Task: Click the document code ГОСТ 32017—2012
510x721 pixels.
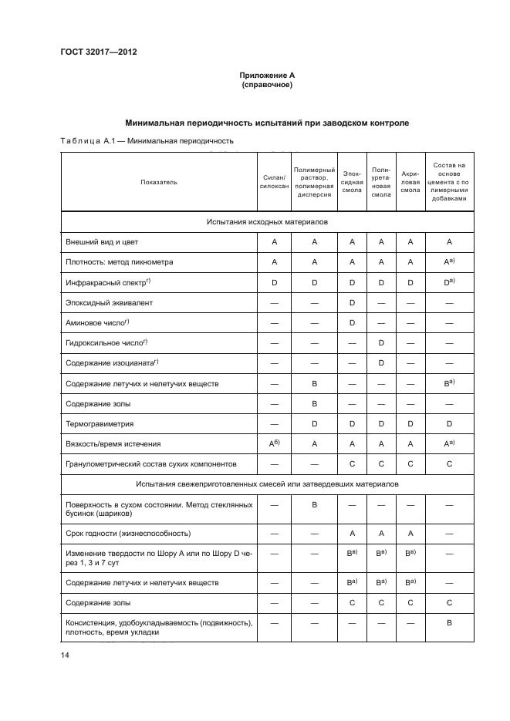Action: (x=99, y=52)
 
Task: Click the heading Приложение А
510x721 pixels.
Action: (x=267, y=75)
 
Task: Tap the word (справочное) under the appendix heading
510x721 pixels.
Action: (x=267, y=84)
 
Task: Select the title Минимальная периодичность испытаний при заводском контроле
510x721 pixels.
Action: (x=267, y=123)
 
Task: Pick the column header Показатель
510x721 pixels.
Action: (x=159, y=182)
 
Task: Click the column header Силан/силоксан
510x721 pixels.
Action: (x=274, y=182)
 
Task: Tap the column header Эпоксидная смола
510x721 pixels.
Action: (x=352, y=182)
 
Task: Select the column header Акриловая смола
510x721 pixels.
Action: (x=410, y=182)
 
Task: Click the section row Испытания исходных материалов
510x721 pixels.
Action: (x=267, y=221)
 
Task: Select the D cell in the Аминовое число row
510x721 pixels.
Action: (x=352, y=322)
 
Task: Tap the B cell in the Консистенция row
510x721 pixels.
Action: (x=449, y=622)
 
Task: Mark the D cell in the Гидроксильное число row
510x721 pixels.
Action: (x=381, y=342)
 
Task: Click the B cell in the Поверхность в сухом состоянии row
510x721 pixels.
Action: (x=314, y=505)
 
